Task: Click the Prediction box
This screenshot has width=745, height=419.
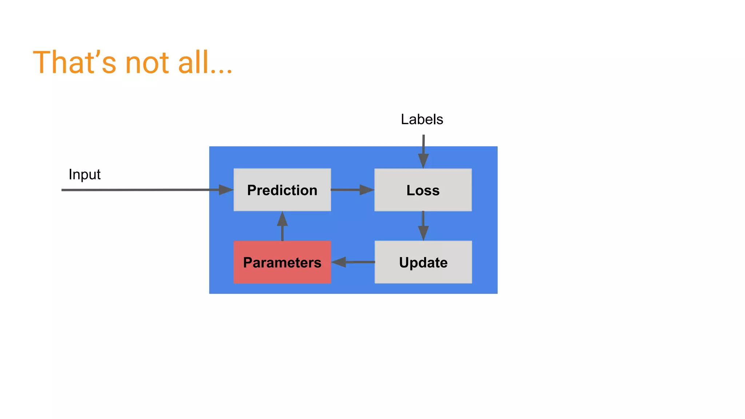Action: tap(282, 189)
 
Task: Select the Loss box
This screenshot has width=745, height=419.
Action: tap(423, 189)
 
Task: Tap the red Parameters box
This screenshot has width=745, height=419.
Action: tap(282, 262)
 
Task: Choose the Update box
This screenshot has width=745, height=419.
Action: tap(423, 262)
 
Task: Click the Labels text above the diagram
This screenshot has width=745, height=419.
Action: tap(422, 119)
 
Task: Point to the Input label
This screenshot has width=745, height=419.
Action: tap(84, 175)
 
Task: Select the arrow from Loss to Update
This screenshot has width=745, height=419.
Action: tap(423, 226)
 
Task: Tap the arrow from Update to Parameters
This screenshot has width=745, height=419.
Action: tap(353, 262)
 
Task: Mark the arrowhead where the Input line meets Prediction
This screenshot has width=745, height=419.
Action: tap(226, 189)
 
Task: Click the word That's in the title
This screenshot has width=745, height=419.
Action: tap(74, 63)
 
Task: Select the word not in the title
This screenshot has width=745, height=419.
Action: tap(147, 63)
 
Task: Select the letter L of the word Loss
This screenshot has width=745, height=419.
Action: tap(410, 190)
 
